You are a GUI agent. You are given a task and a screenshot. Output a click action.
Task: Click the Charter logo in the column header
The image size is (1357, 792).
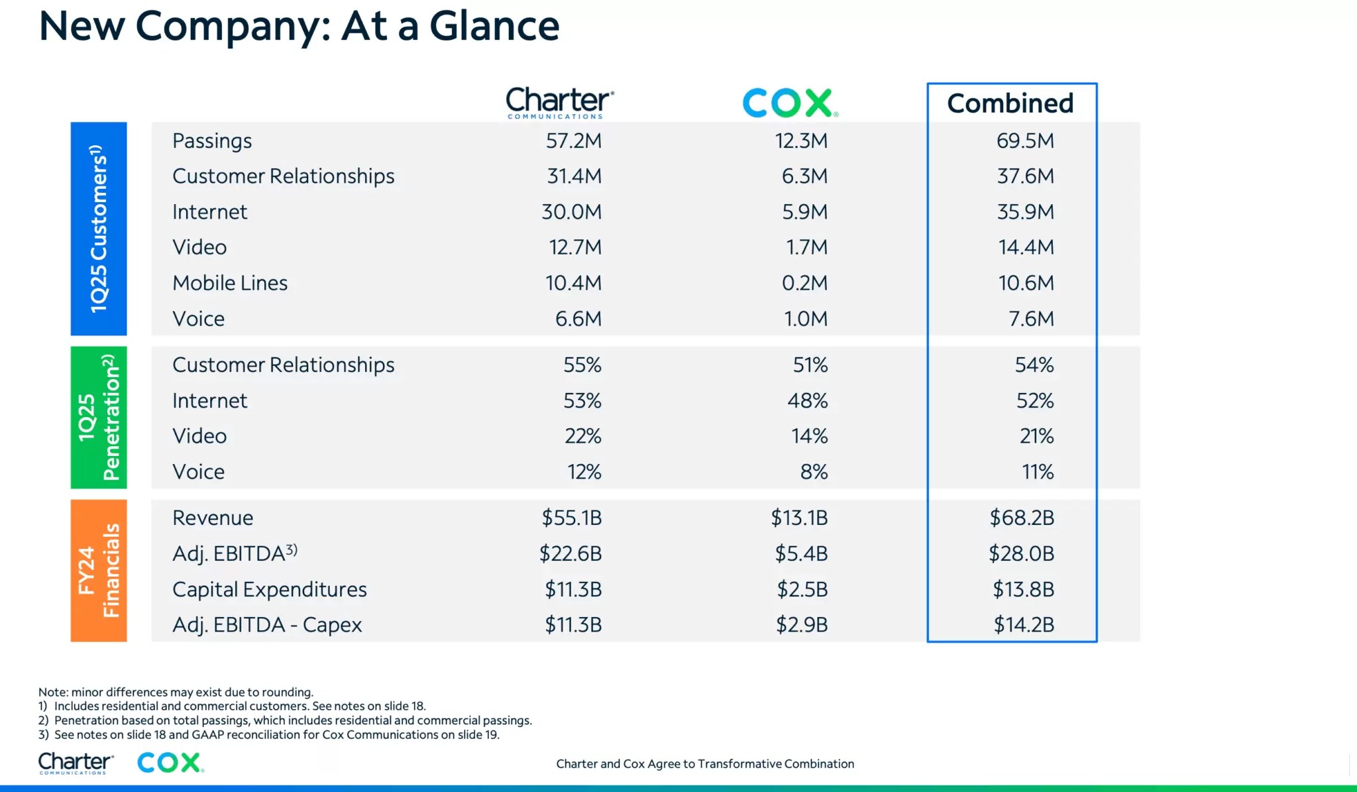559,102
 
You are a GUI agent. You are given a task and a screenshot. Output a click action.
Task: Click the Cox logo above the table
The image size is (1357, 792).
790,103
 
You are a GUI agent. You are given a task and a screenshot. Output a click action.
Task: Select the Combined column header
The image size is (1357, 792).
1010,103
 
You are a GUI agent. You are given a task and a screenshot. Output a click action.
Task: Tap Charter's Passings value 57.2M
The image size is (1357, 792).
573,141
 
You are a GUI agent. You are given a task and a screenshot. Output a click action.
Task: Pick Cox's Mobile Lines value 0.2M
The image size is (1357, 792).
804,283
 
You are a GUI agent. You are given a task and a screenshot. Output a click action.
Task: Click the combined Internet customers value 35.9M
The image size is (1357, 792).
1025,212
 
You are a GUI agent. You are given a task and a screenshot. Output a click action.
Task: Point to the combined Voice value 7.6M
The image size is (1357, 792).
1031,319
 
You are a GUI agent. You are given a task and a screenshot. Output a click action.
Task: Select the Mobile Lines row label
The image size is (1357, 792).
230,283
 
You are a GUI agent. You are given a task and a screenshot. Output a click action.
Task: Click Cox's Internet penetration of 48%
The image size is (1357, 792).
807,401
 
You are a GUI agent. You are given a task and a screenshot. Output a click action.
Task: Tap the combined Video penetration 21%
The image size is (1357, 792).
1036,436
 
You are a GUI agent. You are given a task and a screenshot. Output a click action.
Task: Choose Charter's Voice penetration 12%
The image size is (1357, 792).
584,472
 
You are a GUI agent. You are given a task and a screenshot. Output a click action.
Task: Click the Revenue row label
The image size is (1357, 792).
213,518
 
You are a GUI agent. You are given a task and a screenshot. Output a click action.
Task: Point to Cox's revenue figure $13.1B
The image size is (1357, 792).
799,518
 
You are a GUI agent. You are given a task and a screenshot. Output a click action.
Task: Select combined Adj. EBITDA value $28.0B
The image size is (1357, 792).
1021,553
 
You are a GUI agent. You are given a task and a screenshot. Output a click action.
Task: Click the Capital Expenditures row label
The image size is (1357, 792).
269,590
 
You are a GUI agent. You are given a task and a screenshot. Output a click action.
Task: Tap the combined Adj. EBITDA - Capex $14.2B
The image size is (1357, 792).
1023,625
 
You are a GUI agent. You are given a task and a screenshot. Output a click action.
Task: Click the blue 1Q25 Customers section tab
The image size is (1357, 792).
99,229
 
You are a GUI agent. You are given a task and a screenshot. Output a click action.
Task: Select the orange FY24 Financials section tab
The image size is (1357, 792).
99,571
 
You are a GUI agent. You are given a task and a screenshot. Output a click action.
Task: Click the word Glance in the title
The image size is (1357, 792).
494,27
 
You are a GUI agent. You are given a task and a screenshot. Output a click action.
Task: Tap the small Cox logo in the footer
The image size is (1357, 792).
170,763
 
